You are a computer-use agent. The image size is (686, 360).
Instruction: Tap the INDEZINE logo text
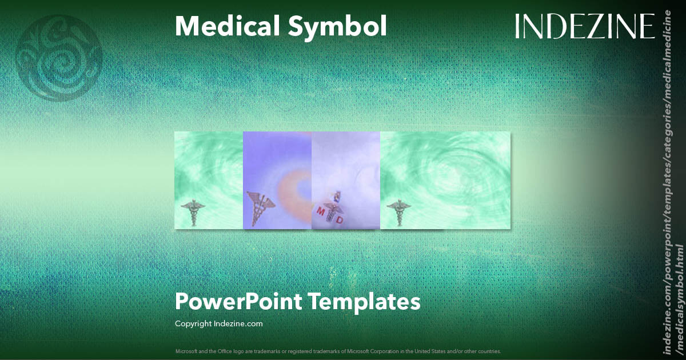point(585,26)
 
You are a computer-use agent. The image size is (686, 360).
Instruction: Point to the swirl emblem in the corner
point(59,58)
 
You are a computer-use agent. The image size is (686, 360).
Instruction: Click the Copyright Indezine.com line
point(219,323)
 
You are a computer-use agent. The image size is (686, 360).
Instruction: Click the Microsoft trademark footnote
point(338,351)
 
